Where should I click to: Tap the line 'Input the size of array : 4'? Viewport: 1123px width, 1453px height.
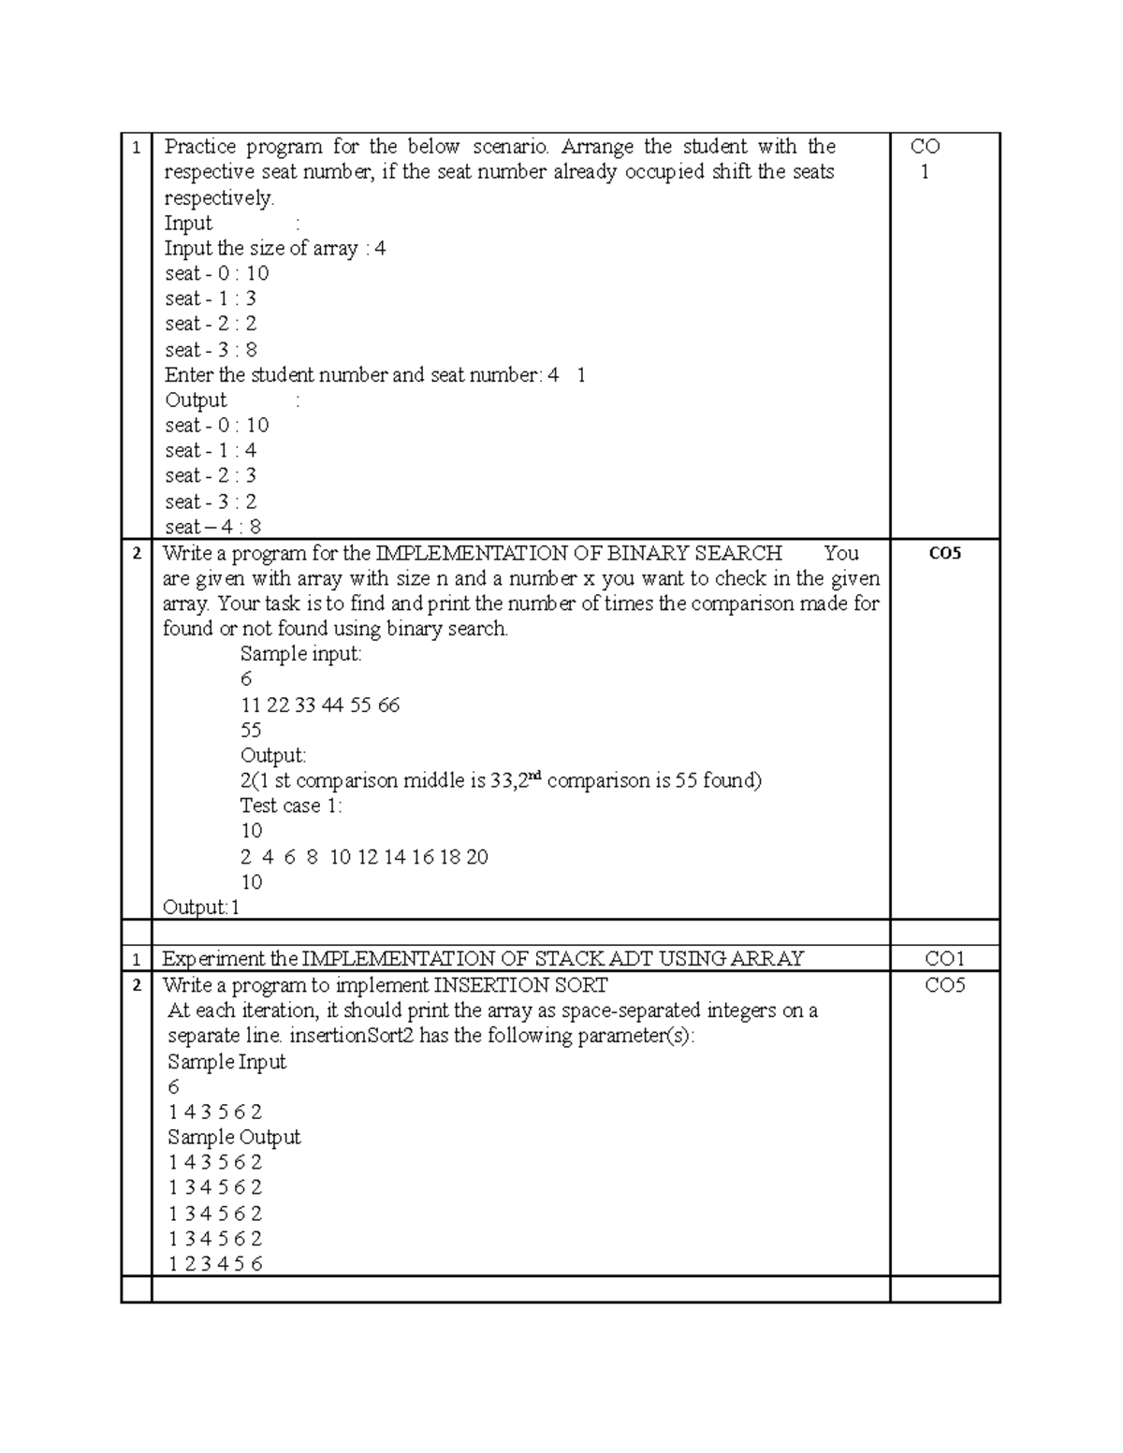coord(275,249)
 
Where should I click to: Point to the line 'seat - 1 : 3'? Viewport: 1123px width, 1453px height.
coord(211,299)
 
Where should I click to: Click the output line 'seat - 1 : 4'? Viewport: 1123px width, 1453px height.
coord(211,451)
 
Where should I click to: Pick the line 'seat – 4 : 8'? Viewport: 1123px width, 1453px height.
coord(212,527)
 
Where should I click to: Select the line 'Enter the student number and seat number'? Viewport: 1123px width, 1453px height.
coord(374,375)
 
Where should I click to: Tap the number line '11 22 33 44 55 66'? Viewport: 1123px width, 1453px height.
coord(320,705)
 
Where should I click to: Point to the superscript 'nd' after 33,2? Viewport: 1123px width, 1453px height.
coord(536,776)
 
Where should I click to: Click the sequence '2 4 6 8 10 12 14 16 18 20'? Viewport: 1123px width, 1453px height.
coord(364,857)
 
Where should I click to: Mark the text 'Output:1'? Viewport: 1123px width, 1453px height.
coord(201,908)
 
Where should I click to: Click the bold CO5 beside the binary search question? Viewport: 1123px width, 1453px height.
coord(944,553)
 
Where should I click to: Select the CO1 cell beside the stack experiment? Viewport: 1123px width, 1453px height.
coord(944,959)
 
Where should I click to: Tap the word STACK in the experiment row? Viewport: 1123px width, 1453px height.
coord(565,959)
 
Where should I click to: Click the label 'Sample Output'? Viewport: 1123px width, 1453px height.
coord(234,1138)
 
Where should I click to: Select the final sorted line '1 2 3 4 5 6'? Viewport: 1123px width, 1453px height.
coord(215,1264)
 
